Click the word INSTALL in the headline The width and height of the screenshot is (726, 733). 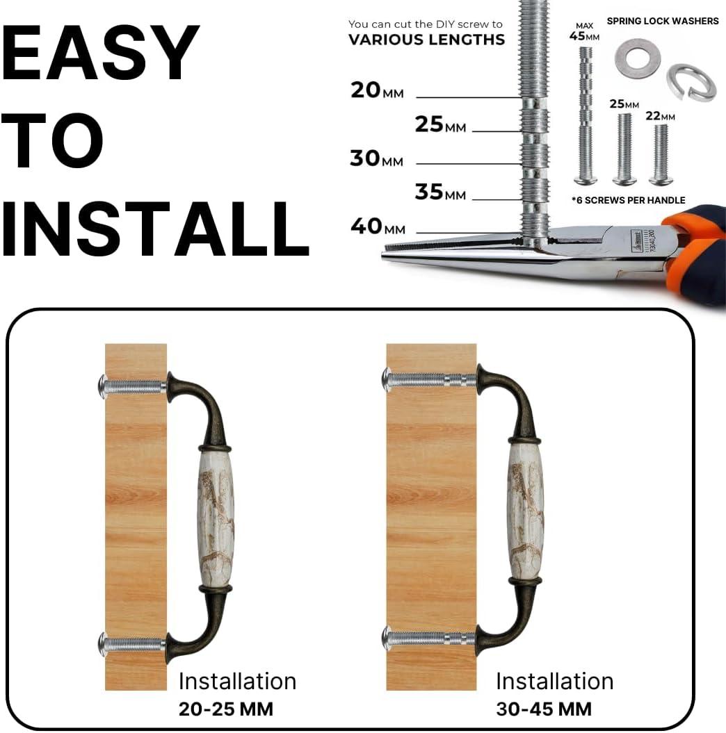[x=155, y=229]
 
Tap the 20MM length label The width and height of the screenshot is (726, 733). [x=377, y=90]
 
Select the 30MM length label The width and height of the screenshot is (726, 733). [x=377, y=158]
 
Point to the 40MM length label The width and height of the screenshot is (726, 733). [x=378, y=227]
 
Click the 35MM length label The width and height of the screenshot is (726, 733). [x=440, y=192]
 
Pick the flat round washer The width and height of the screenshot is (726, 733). [x=637, y=59]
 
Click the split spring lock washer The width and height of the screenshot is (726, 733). [x=691, y=82]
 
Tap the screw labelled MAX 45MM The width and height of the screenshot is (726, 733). [x=586, y=114]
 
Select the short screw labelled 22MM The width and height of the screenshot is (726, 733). [x=661, y=154]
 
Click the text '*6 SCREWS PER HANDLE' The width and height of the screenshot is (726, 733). [x=628, y=200]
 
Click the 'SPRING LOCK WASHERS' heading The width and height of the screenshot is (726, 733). [x=663, y=21]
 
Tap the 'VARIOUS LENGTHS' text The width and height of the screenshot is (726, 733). [x=426, y=40]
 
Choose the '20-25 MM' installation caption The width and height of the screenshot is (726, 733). [x=226, y=709]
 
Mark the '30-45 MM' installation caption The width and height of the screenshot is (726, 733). [x=544, y=709]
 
